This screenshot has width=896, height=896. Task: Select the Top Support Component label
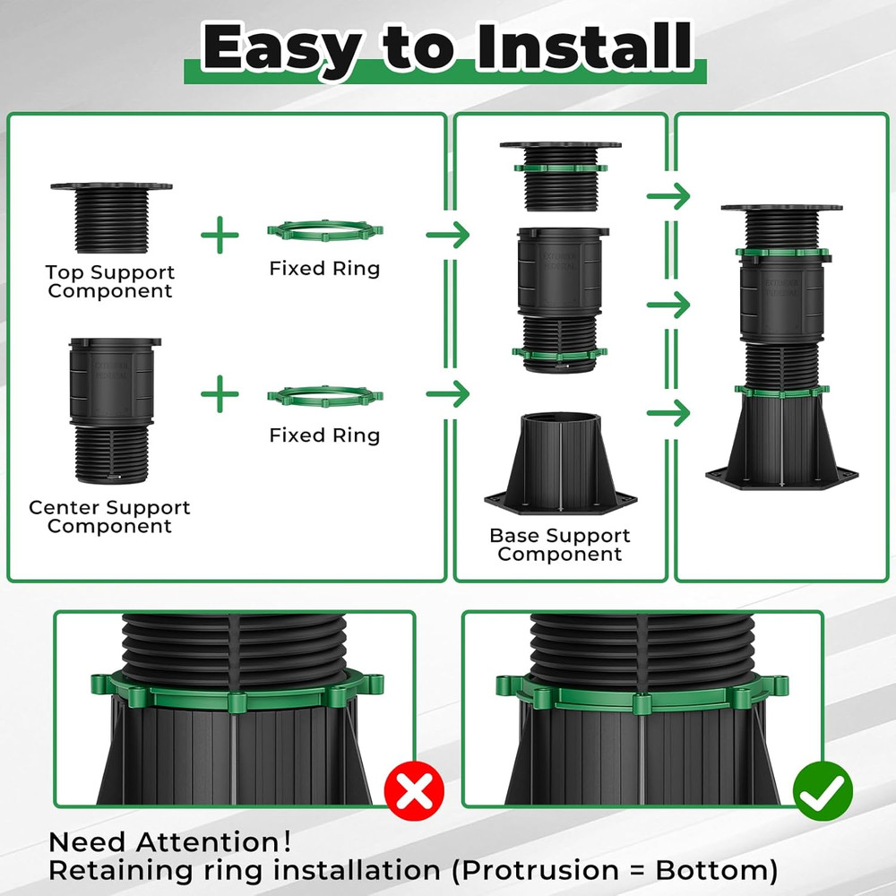[x=110, y=281]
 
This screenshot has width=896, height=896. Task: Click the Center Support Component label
[x=109, y=517]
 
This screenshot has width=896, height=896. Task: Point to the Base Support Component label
[x=560, y=545]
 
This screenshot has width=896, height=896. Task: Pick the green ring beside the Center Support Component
[x=324, y=395]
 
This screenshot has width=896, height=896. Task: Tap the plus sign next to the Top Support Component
[x=220, y=236]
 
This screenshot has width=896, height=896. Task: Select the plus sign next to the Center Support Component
[x=220, y=394]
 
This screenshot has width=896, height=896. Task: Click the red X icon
[x=414, y=790]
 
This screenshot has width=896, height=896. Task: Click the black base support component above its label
[x=561, y=461]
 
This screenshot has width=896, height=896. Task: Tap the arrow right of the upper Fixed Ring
[x=448, y=236]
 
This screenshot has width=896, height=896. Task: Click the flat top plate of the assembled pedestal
[x=780, y=210]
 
